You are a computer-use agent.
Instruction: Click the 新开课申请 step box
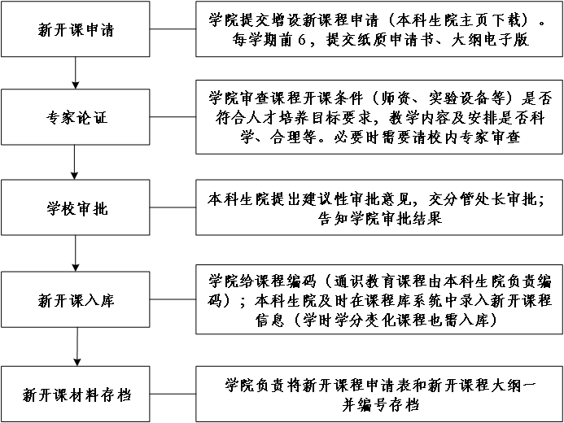76,30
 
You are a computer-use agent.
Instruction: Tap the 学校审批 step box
76,208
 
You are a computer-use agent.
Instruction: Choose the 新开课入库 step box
76,299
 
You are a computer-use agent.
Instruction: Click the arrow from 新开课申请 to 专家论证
76,72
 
